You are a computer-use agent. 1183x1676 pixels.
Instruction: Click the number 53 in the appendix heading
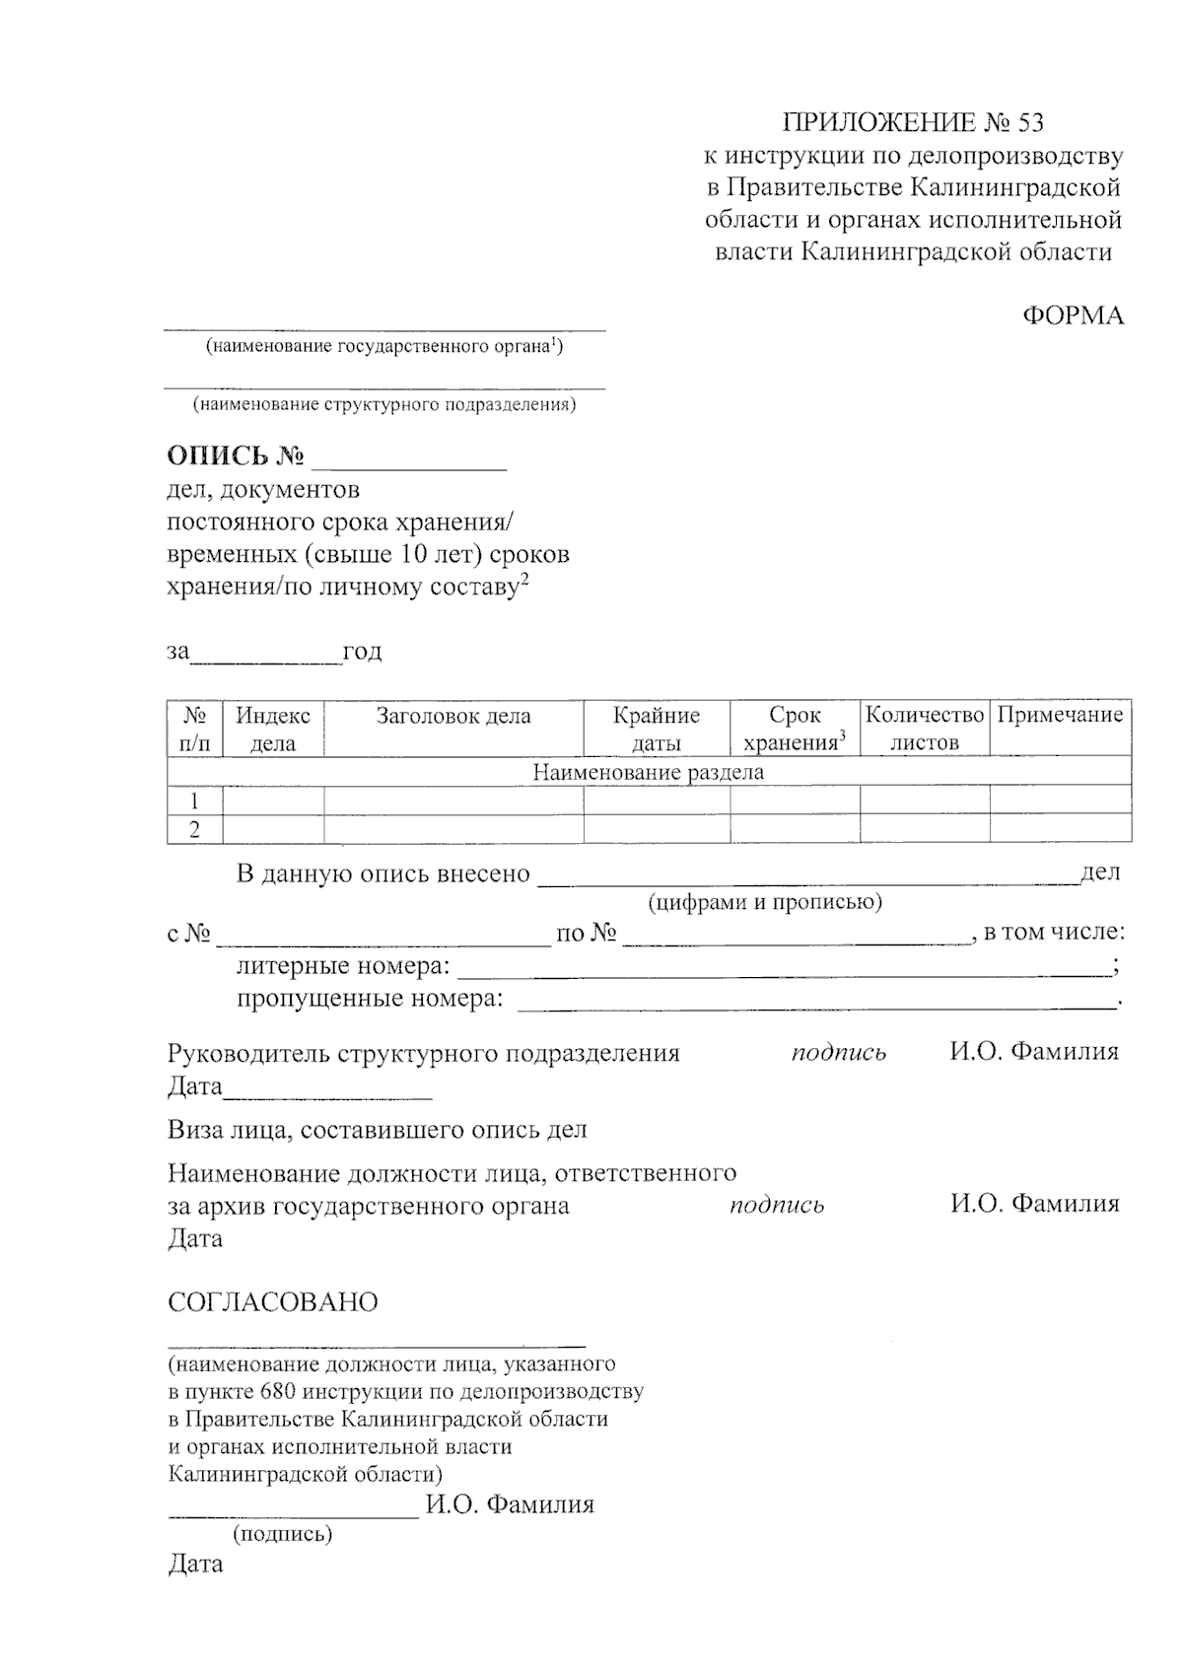tap(1027, 122)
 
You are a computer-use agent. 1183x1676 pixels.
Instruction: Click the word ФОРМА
tap(1073, 315)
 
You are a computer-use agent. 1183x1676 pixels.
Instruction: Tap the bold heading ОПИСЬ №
tap(235, 456)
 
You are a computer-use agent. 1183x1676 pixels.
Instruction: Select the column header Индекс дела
tap(273, 729)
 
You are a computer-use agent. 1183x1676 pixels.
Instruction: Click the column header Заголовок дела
tap(453, 716)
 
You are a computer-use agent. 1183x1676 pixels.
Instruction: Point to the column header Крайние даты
tap(657, 729)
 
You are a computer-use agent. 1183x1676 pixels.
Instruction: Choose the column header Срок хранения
tap(795, 729)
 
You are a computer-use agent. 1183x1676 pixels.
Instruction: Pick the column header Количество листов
tap(925, 729)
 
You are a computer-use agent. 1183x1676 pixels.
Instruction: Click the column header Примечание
tap(1060, 715)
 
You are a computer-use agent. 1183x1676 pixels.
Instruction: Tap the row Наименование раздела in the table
tap(649, 772)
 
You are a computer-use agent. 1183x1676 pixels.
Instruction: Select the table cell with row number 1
tap(195, 801)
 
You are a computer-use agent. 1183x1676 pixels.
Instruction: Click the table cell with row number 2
tap(195, 829)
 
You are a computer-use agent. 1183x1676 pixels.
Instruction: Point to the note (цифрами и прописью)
tap(764, 902)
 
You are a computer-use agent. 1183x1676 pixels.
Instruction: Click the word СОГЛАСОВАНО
tap(273, 1302)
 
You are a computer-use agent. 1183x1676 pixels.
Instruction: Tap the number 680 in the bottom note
tap(280, 1392)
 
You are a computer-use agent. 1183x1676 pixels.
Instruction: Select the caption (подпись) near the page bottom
tap(282, 1534)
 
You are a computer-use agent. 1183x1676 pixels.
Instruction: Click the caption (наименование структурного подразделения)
tap(384, 404)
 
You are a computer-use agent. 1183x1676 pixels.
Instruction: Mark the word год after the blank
tap(362, 652)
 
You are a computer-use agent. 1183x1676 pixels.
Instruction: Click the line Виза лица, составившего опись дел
tap(378, 1130)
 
